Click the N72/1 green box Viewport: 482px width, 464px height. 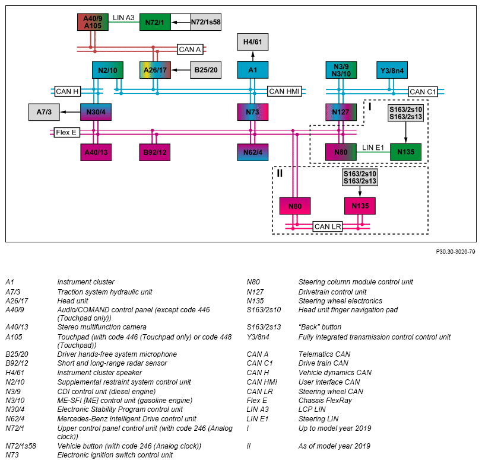pyautogui.click(x=155, y=22)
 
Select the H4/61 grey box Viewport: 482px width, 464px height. pyautogui.click(x=253, y=42)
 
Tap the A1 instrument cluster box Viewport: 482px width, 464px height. pyautogui.click(x=253, y=70)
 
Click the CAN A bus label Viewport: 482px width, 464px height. pyautogui.click(x=190, y=49)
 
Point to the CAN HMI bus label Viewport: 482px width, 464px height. pyautogui.click(x=284, y=91)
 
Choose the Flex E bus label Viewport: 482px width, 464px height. pyautogui.click(x=66, y=133)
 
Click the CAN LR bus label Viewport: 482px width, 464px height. pyautogui.click(x=328, y=227)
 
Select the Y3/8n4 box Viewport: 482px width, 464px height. pyautogui.click(x=392, y=70)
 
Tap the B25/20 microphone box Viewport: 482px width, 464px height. pyautogui.click(x=205, y=70)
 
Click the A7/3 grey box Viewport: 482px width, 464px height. pyautogui.click(x=44, y=112)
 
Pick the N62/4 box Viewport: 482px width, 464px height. pyautogui.click(x=253, y=152)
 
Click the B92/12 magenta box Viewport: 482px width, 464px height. pyautogui.click(x=154, y=152)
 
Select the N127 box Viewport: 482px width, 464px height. pyautogui.click(x=341, y=112)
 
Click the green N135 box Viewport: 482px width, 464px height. pyautogui.click(x=406, y=152)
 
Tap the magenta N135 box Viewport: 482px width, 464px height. pyautogui.click(x=360, y=206)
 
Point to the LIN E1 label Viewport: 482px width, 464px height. pyautogui.click(x=373, y=148)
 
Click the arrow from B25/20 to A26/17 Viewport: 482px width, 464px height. pyautogui.click(x=180, y=70)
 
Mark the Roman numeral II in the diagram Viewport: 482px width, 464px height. pyautogui.click(x=280, y=174)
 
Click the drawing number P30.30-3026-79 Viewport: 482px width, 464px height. pyautogui.click(x=455, y=252)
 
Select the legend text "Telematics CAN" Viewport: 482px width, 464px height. pyautogui.click(x=324, y=354)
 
